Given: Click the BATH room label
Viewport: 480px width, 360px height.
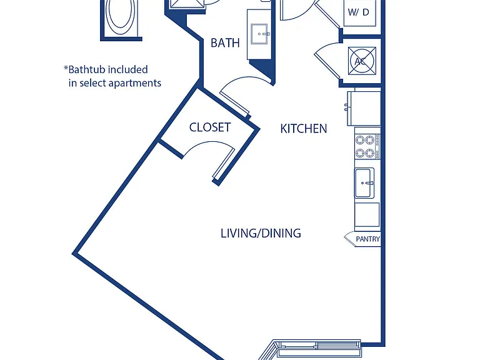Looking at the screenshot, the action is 225,43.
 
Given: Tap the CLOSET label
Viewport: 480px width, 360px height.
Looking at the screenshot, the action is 210,127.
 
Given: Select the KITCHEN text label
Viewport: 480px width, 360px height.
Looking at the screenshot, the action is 304,129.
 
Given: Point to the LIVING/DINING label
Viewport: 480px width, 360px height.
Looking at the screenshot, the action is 261,233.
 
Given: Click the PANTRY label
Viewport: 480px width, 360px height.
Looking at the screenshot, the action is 367,239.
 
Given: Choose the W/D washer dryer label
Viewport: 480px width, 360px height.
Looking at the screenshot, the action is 359,12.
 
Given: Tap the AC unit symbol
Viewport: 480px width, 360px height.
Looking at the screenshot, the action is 362,61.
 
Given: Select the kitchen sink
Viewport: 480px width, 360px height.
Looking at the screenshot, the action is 364,183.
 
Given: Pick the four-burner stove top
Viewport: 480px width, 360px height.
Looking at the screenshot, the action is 367,147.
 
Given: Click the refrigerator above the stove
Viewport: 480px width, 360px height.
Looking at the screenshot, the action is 364,108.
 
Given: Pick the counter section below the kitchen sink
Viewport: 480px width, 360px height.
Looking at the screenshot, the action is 367,214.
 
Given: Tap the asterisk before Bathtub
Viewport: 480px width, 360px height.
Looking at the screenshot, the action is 66,67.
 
